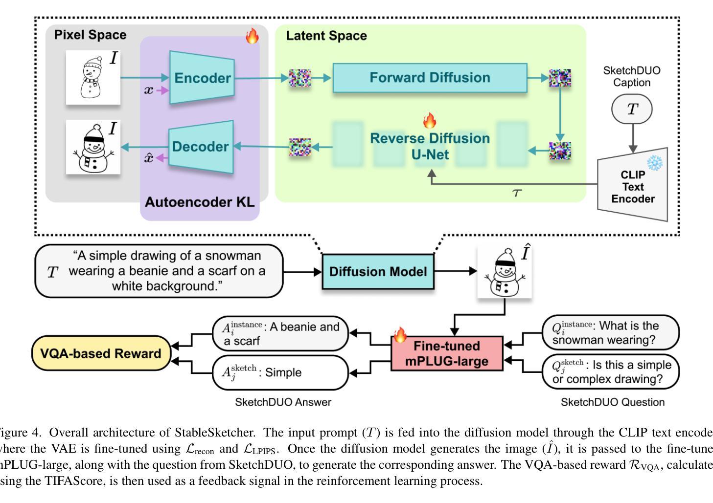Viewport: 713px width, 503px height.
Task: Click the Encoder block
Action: [x=202, y=78]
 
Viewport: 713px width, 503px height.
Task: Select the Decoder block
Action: [x=201, y=147]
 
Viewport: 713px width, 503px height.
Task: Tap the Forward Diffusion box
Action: [x=430, y=78]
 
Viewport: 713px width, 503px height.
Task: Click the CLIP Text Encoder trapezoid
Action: [x=633, y=186]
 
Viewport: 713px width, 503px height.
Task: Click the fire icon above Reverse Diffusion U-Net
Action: [x=429, y=120]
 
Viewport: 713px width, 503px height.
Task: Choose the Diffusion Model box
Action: [x=378, y=271]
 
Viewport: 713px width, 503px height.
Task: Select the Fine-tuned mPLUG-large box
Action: [x=447, y=353]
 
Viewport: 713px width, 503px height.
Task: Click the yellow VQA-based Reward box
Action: [x=101, y=353]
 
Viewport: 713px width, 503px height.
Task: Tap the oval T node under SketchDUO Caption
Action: [x=632, y=109]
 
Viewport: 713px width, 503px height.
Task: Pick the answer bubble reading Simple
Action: [x=280, y=372]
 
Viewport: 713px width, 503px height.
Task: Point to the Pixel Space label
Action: [x=90, y=35]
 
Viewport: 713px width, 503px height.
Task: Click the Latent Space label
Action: [x=326, y=36]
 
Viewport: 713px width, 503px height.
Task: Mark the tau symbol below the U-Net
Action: [x=517, y=193]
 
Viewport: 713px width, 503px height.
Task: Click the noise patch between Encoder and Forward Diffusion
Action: [x=300, y=78]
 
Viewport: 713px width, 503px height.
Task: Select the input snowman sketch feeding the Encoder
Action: [x=93, y=78]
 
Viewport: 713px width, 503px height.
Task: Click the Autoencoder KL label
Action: [x=200, y=202]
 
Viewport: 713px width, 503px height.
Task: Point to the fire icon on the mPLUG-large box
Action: [x=400, y=335]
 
